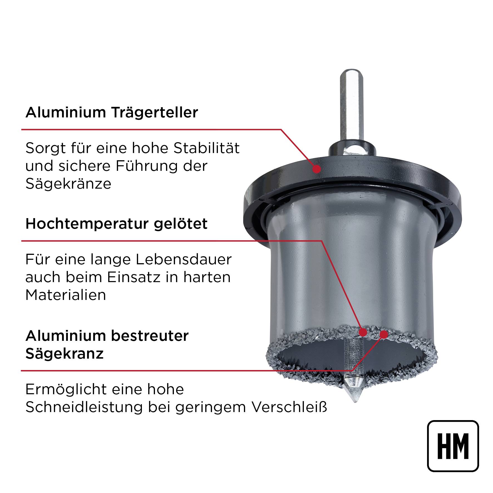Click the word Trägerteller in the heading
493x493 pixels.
pyautogui.click(x=155, y=113)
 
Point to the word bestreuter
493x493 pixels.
pyautogui.click(x=150, y=336)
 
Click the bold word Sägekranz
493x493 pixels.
pyautogui.click(x=65, y=354)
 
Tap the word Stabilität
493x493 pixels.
pyautogui.click(x=206, y=148)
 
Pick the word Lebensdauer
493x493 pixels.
pyautogui.click(x=184, y=260)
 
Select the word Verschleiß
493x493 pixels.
pyautogui.click(x=289, y=407)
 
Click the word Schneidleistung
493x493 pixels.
pyautogui.click(x=84, y=408)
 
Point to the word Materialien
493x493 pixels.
pyautogui.click(x=66, y=295)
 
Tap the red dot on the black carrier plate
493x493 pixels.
pyautogui.click(x=316, y=169)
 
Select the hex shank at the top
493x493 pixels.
pyautogui.click(x=351, y=109)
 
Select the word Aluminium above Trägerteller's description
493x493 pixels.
pyautogui.click(x=66, y=113)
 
